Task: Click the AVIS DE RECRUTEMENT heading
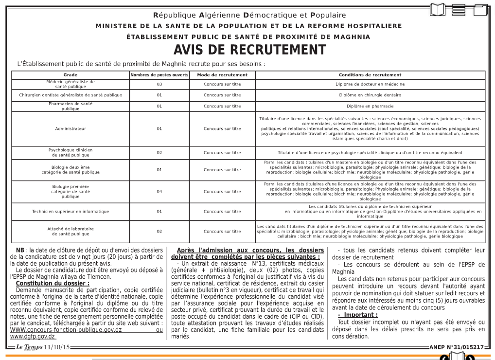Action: coord(249,50)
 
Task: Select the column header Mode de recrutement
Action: coord(222,75)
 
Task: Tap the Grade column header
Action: coord(71,75)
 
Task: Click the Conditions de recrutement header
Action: coord(370,75)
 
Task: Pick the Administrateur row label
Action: coord(71,129)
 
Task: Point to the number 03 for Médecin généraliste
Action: coord(159,84)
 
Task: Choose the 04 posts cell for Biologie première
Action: coord(159,191)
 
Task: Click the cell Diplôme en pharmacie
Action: coord(370,106)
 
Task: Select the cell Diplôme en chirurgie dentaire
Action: coord(370,95)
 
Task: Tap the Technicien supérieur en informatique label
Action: coord(71,212)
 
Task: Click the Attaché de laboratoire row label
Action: coord(71,231)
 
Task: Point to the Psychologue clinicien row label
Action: coord(71,152)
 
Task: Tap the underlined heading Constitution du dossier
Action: coord(53,283)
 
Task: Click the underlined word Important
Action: coord(358,315)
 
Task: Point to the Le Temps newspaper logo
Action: coord(29,347)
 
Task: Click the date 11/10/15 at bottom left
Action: coord(57,347)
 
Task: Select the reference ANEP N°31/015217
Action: coord(457,347)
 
